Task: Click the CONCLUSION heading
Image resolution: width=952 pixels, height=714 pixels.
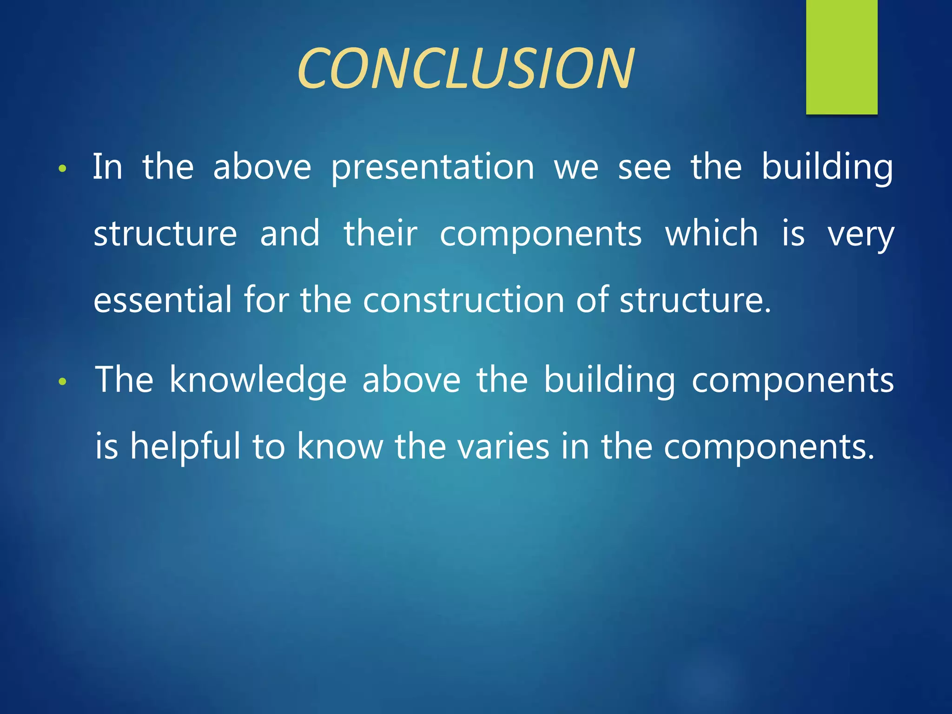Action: point(465,69)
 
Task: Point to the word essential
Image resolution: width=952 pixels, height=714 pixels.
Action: point(162,300)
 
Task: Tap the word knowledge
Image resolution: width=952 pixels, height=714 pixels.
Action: point(258,380)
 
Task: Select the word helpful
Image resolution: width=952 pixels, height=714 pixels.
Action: point(185,446)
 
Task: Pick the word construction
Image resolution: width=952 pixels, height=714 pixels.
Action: point(463,300)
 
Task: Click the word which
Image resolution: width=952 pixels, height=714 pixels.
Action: point(711,233)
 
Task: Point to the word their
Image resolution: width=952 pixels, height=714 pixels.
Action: point(380,233)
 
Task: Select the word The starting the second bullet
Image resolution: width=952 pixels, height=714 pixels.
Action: point(124,380)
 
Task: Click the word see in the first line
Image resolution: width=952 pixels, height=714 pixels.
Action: point(644,168)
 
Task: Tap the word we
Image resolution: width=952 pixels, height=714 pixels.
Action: point(576,168)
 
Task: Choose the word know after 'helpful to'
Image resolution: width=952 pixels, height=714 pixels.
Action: point(340,446)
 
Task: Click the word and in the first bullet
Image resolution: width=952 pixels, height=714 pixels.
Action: point(290,233)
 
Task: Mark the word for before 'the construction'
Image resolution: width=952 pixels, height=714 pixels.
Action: point(266,300)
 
